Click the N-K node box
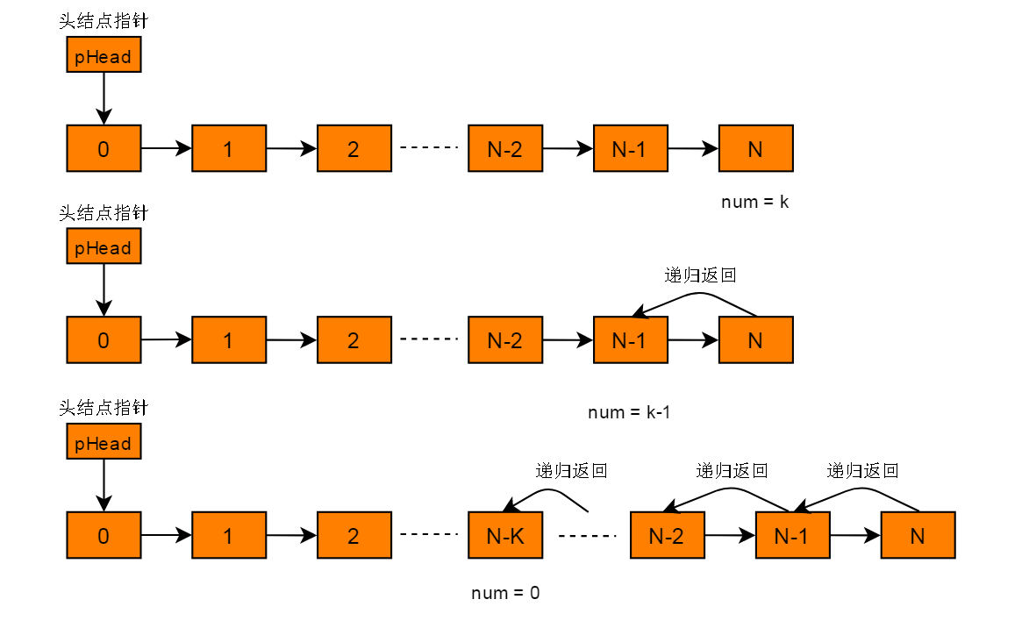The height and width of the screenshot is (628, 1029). click(x=504, y=536)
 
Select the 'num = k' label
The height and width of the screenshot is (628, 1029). click(x=755, y=202)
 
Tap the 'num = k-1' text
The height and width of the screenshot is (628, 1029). click(x=629, y=411)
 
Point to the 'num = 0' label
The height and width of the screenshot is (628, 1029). click(x=505, y=593)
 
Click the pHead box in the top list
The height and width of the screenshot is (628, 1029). click(x=104, y=57)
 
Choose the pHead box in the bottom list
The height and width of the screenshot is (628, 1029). click(x=104, y=444)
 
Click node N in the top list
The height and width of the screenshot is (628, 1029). click(x=755, y=148)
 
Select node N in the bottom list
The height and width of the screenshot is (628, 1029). click(x=918, y=536)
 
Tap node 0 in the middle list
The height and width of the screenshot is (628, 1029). click(x=104, y=340)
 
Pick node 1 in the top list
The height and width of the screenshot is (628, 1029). click(x=228, y=148)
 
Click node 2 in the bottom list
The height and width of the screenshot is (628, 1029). click(x=354, y=536)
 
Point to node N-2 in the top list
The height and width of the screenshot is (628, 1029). click(x=504, y=148)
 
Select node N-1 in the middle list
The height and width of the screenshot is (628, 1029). click(x=630, y=340)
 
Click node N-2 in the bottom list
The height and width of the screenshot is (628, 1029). click(x=667, y=536)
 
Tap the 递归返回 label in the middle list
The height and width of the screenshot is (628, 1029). click(x=699, y=275)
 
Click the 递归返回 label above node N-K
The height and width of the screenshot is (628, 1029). click(x=571, y=470)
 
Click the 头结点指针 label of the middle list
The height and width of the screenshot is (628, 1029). click(x=104, y=213)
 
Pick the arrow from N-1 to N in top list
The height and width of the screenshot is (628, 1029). click(x=693, y=149)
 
